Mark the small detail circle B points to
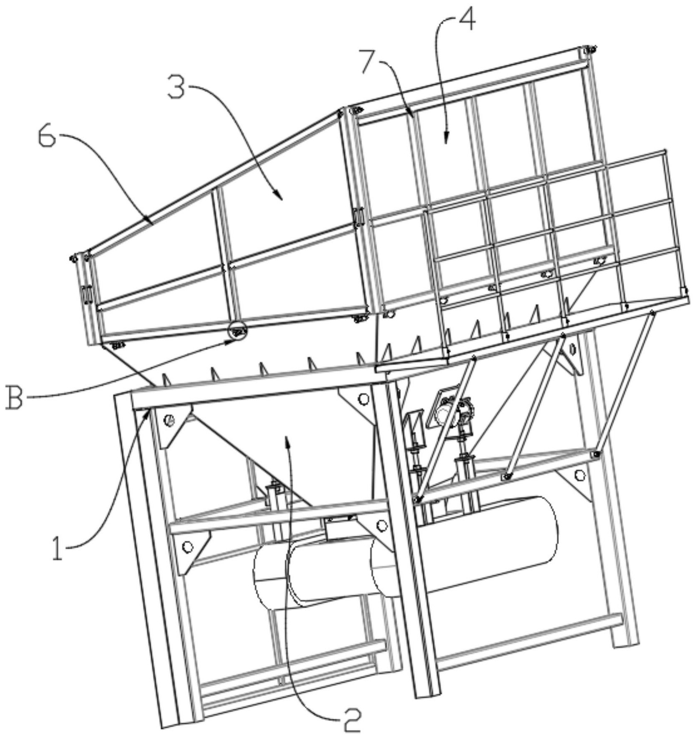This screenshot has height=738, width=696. coord(237,331)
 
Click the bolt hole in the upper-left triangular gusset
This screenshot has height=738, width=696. coord(169,420)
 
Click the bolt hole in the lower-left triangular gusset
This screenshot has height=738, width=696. coord(188,546)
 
